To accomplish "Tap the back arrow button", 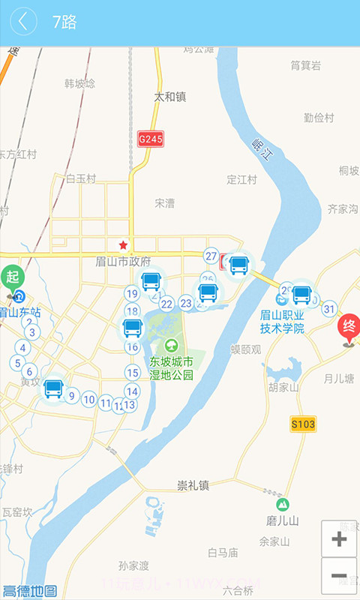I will pos(23,22).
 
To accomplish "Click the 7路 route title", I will pos(64,22).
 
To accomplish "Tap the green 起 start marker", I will pos(12,277).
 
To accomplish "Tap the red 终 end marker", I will pos(349,327).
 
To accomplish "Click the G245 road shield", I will pos(150,139).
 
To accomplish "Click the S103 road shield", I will pos(303,424).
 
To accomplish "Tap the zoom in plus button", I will pos(339,538).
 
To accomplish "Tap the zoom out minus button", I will pos(339,577).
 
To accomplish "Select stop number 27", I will pos(211,256).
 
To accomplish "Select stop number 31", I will pos(329,308).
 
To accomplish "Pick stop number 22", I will pos(166,304).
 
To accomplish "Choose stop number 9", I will pos(72,396).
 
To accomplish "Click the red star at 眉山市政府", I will pos(123,245).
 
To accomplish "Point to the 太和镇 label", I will pos(169,97).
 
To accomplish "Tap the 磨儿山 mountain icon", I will pos(283,505).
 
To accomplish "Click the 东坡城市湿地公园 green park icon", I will pos(172,346).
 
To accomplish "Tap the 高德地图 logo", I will pos(30,590).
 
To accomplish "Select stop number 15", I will pos(133,373).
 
